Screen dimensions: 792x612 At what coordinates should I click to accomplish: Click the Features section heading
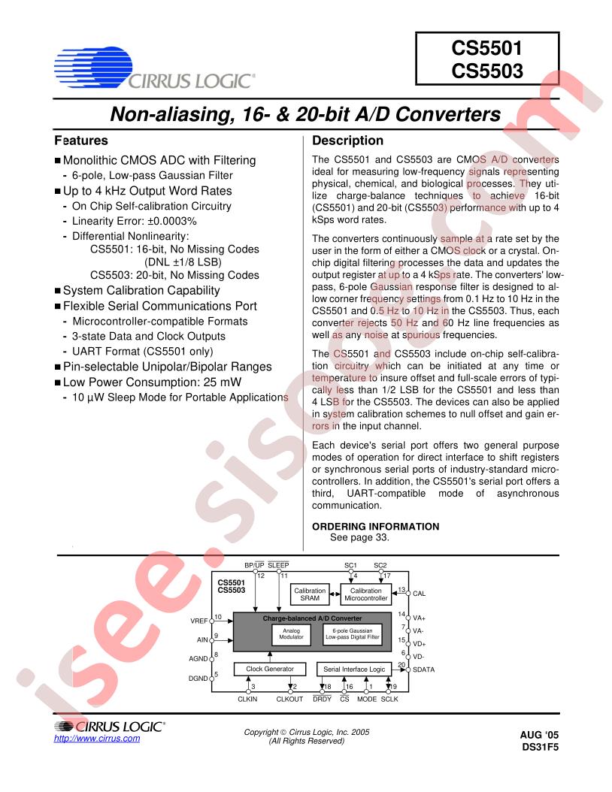tap(81, 141)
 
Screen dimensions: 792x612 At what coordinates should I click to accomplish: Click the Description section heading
tap(347, 141)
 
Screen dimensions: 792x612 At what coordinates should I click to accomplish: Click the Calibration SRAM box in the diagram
tap(311, 594)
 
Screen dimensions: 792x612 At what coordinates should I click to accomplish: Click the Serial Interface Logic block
tap(353, 668)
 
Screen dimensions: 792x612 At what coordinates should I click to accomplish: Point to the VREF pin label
tap(201, 621)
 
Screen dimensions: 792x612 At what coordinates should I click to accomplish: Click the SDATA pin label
tap(424, 668)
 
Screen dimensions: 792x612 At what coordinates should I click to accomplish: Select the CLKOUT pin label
tap(290, 698)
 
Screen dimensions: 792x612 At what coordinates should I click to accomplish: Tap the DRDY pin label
tap(322, 698)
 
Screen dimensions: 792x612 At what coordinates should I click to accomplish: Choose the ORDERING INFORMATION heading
tap(375, 526)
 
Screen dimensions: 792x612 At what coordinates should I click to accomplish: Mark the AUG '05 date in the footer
tap(540, 735)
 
